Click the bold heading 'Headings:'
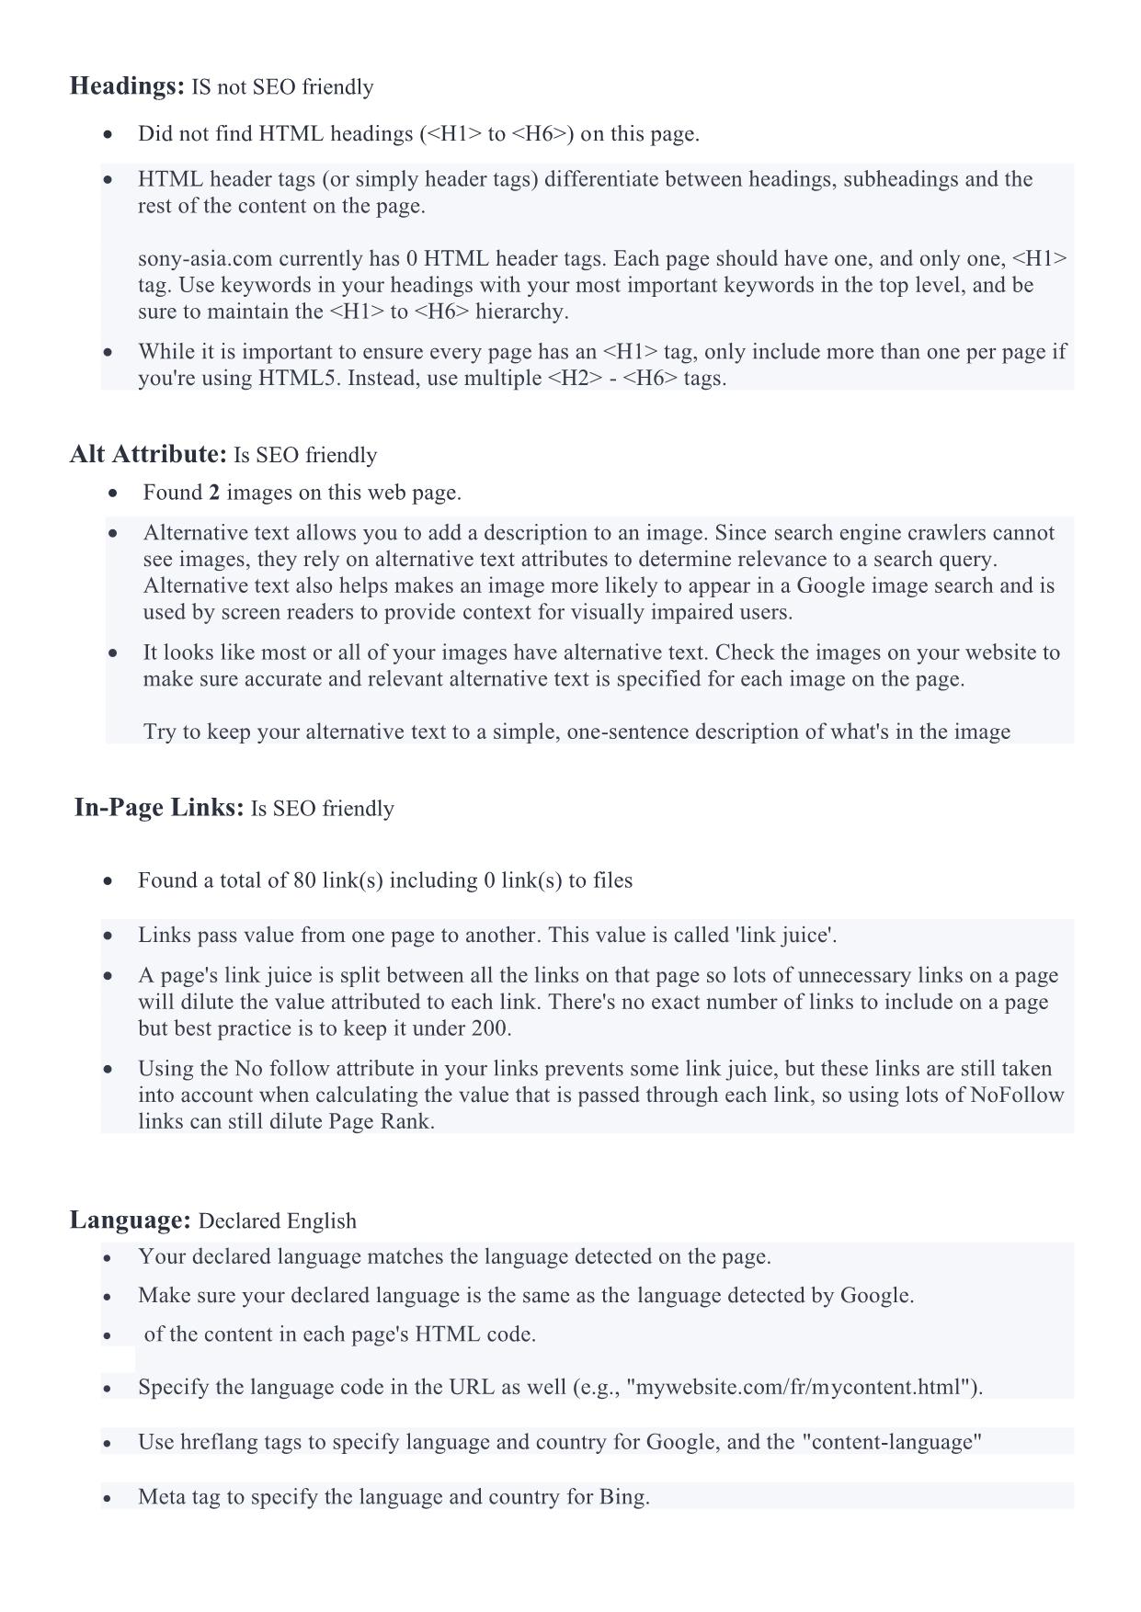(127, 86)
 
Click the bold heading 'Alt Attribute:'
(148, 454)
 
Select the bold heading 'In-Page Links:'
(159, 807)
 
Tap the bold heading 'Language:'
(130, 1220)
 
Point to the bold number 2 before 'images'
(214, 493)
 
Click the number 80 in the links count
(304, 880)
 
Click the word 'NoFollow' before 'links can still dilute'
(1017, 1095)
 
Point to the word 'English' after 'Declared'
(321, 1221)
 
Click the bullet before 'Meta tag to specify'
(109, 1498)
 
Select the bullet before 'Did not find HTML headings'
(109, 135)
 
